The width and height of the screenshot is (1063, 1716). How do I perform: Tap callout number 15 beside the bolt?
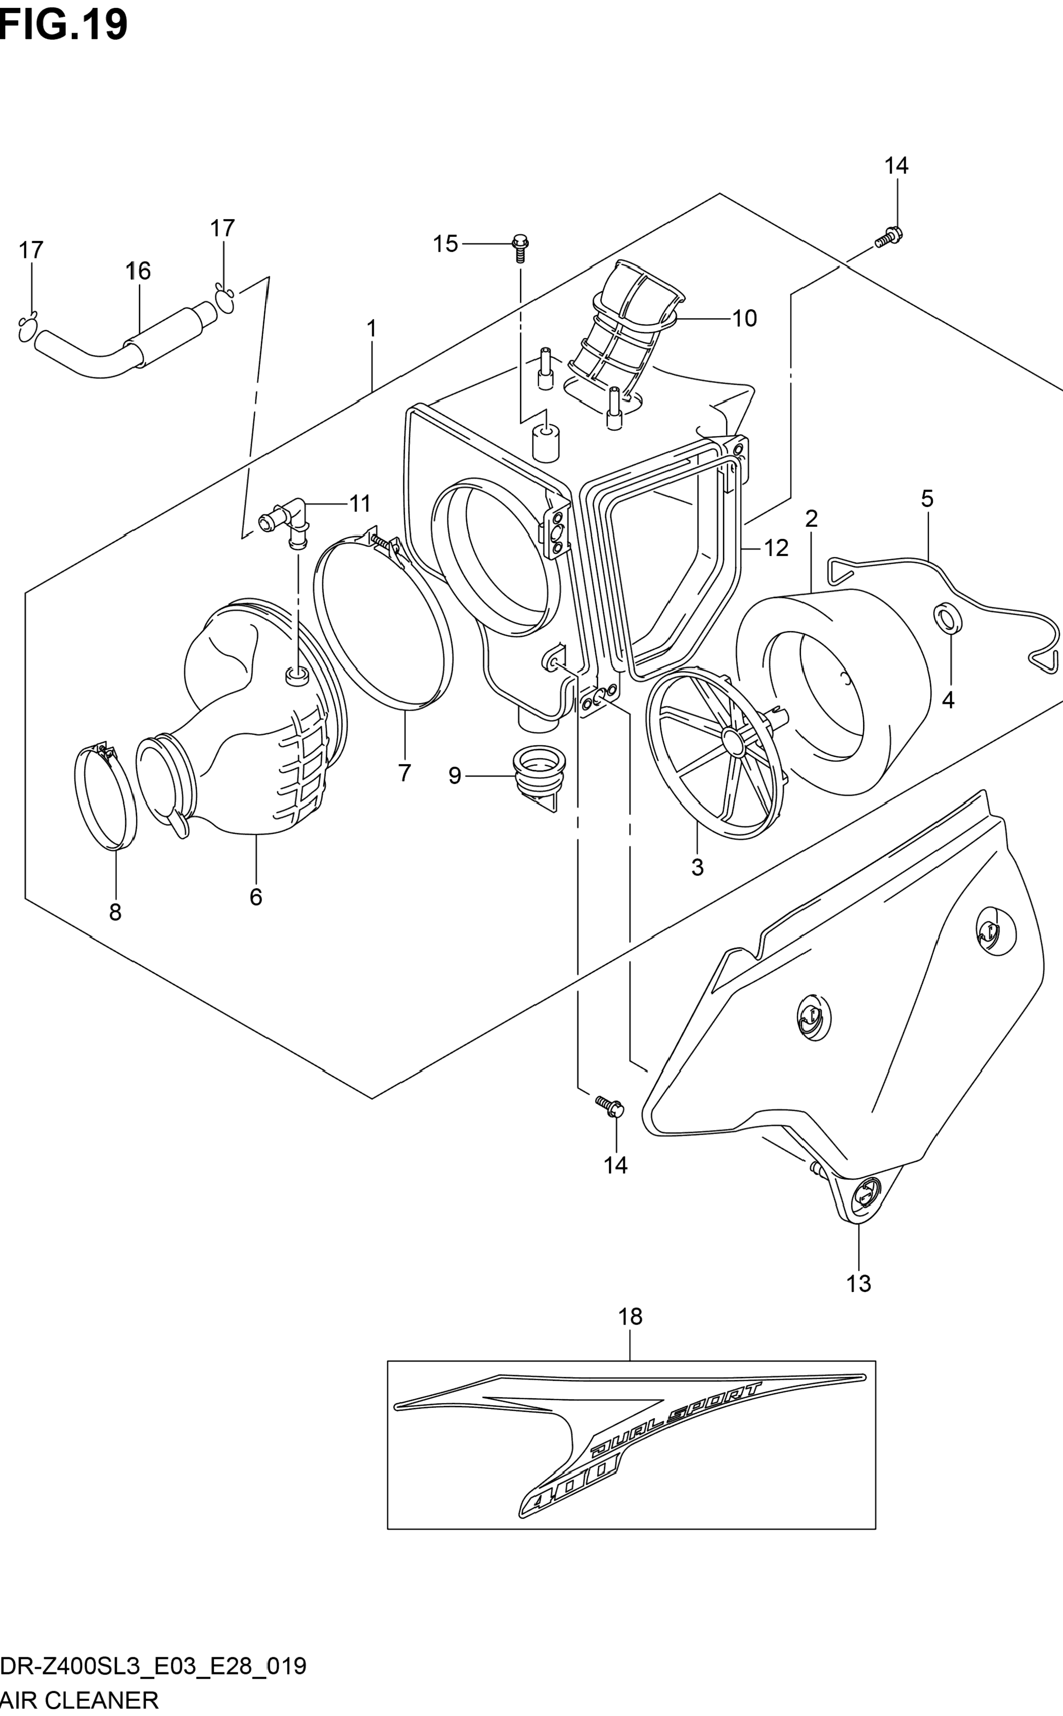pyautogui.click(x=445, y=244)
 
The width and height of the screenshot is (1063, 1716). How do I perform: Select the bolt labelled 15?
pyautogui.click(x=520, y=248)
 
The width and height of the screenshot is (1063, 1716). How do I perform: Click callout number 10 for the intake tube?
pyautogui.click(x=744, y=319)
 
